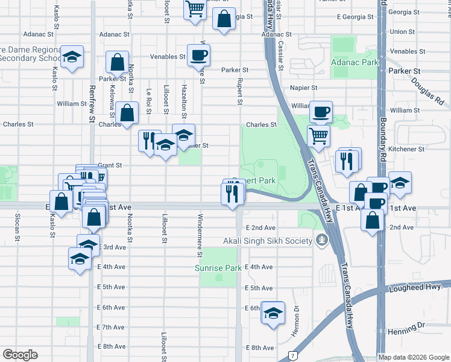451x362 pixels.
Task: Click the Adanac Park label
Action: coord(353,62)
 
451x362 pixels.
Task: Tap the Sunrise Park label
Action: coord(218,268)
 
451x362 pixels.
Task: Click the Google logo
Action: coord(20,355)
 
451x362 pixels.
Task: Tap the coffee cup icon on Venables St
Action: coord(198,56)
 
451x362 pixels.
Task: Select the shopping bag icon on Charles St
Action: coord(127,112)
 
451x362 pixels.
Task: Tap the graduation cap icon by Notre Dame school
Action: coord(72,58)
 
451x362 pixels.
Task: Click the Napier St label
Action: coord(303,87)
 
